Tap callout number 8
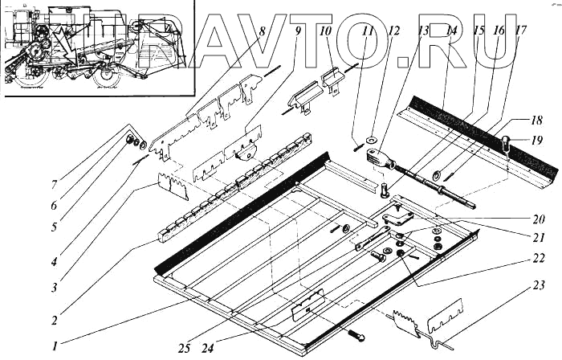[263, 32]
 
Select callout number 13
[423, 32]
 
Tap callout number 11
[367, 32]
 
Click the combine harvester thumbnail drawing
[96, 48]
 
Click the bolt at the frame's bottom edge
[355, 335]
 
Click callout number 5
[54, 227]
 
